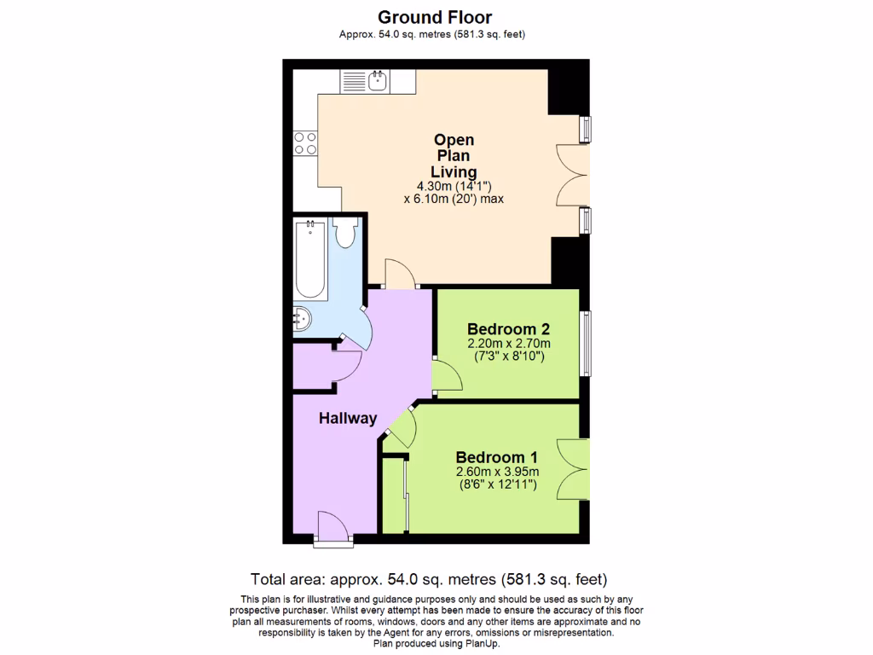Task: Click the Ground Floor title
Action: (x=435, y=16)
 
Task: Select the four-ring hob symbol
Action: (x=305, y=143)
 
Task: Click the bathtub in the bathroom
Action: (x=310, y=259)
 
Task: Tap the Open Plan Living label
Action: (x=454, y=156)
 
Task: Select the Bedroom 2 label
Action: (x=508, y=329)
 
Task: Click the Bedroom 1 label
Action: (x=496, y=456)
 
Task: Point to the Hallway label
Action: (x=348, y=418)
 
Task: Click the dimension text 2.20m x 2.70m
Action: (x=508, y=344)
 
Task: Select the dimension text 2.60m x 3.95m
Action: (x=497, y=472)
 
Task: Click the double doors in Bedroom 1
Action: (x=573, y=468)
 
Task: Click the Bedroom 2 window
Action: (x=585, y=344)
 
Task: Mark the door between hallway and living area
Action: (x=401, y=275)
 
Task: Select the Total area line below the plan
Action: (x=429, y=577)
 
